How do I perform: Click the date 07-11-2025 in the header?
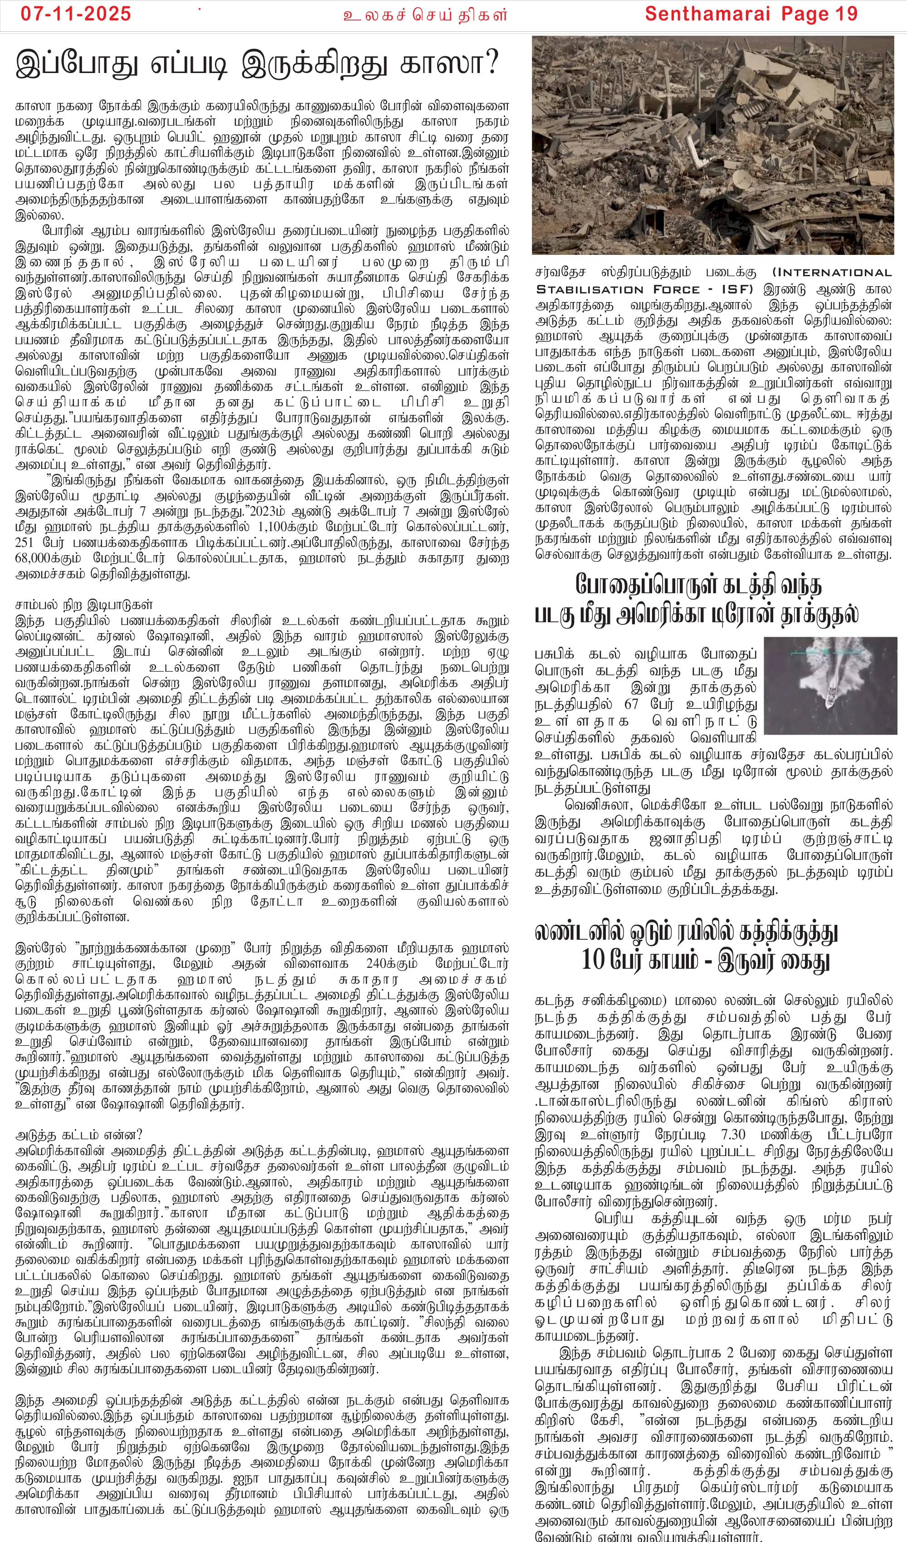coord(76,14)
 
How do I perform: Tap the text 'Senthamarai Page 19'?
coord(751,14)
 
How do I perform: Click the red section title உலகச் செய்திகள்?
coord(425,15)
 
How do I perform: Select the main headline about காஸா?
coord(257,63)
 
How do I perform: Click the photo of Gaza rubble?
coord(712,145)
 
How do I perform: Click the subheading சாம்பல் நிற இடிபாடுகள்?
coord(83,605)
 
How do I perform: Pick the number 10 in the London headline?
coord(594,960)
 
